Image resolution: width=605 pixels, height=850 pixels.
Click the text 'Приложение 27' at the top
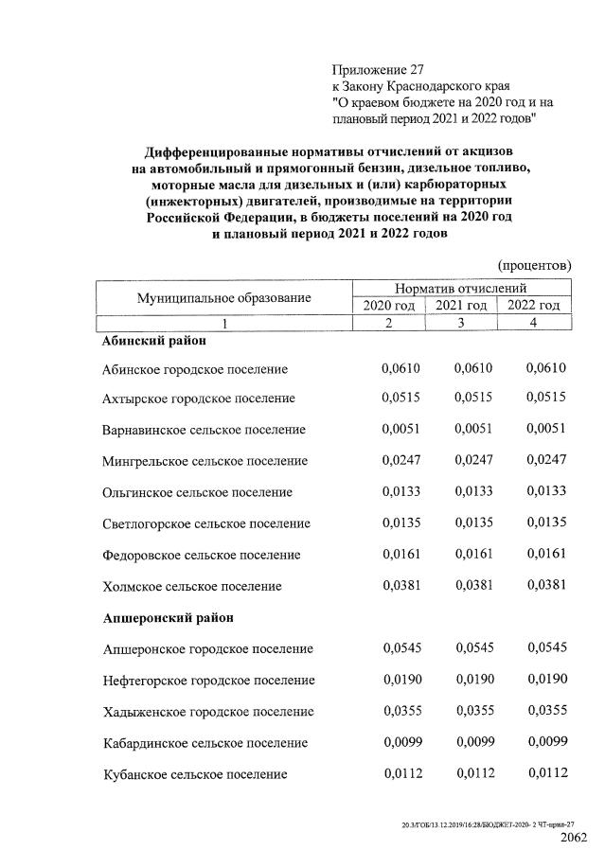click(376, 69)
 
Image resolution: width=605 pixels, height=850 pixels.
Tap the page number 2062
click(575, 838)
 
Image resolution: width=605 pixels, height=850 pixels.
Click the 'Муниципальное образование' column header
click(223, 297)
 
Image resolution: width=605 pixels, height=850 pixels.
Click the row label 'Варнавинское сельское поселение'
click(204, 430)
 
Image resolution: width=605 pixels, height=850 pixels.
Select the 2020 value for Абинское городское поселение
click(400, 367)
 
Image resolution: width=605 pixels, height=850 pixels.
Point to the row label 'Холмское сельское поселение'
click(192, 586)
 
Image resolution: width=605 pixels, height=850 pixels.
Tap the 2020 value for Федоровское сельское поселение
click(400, 554)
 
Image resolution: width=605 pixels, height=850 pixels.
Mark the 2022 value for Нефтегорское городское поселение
click(546, 679)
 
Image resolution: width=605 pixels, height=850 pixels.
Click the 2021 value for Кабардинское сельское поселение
click(474, 741)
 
